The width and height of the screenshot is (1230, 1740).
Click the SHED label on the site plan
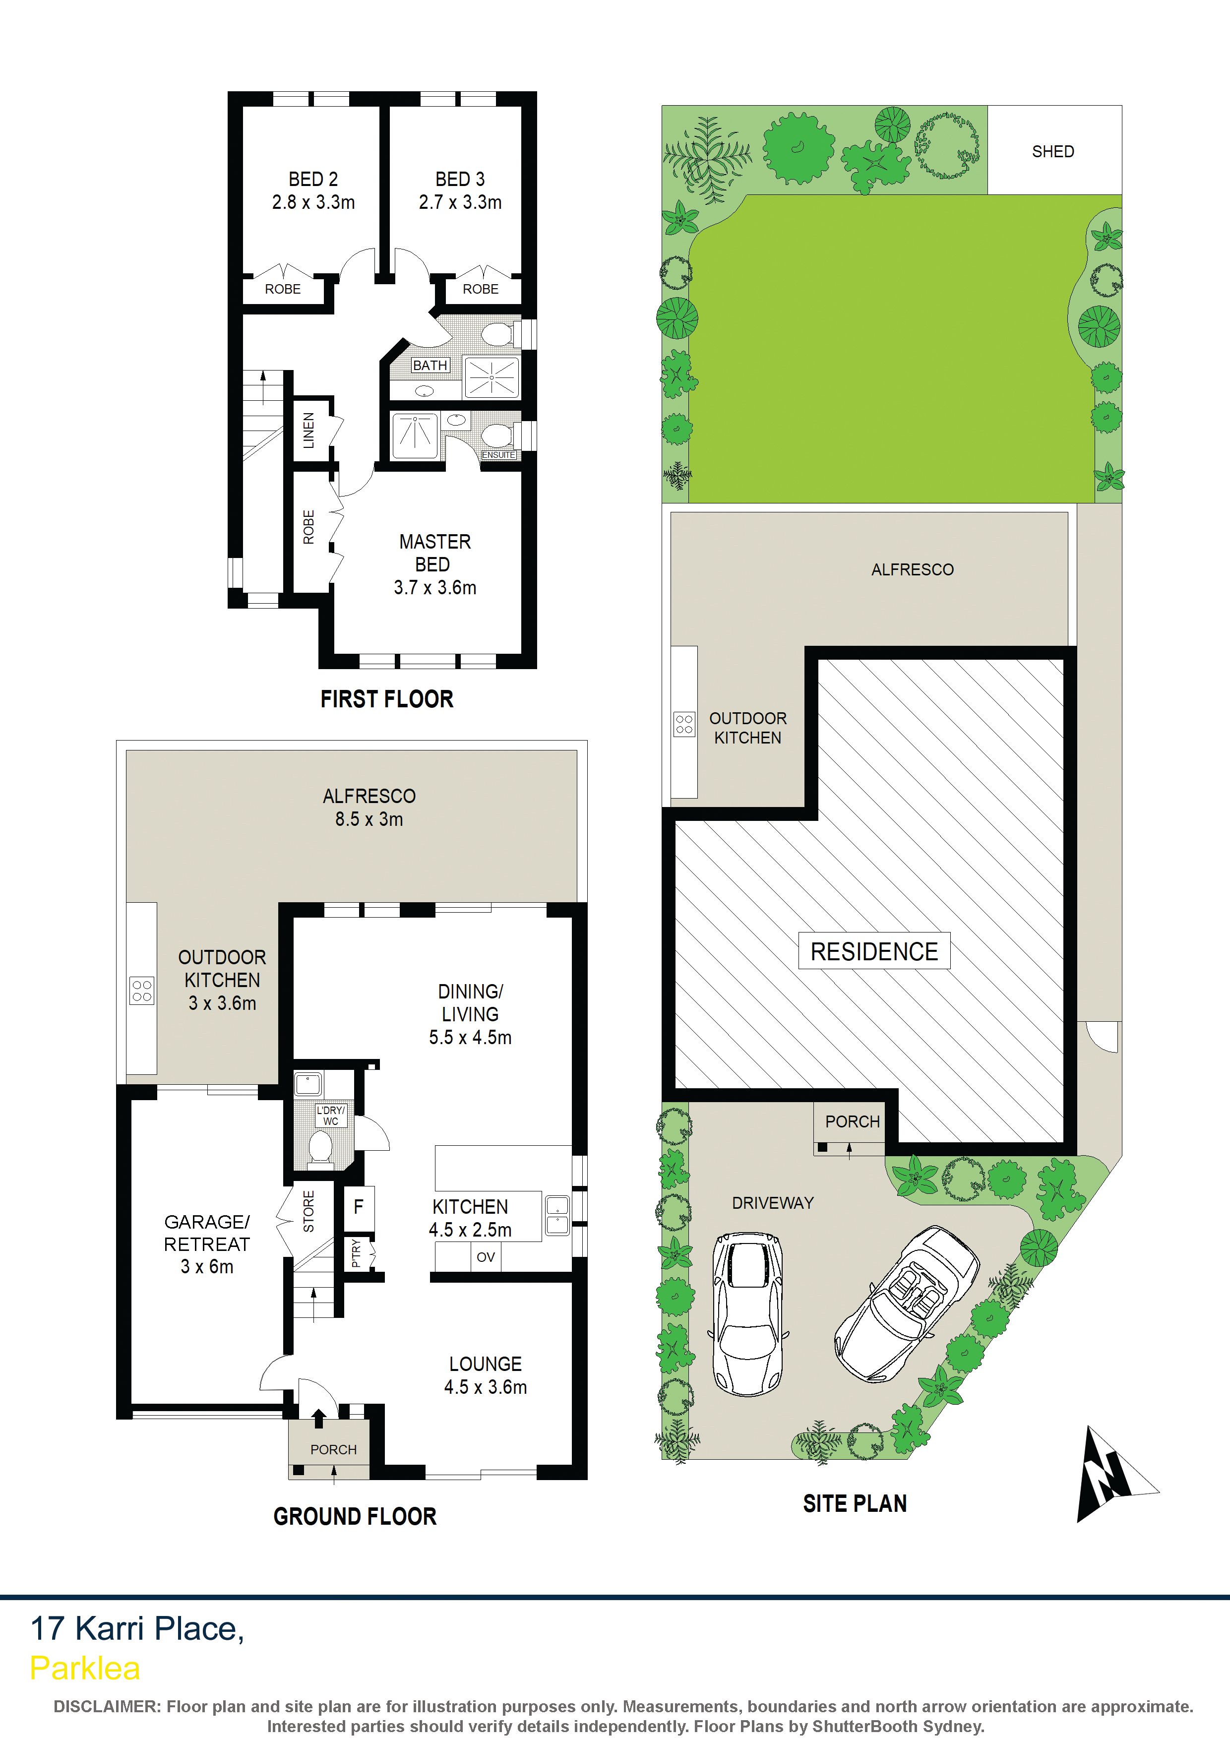click(1052, 152)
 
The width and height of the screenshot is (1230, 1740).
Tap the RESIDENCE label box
click(874, 951)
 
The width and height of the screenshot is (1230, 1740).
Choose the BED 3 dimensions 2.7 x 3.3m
click(460, 202)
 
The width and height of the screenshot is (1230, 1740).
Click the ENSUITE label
click(498, 455)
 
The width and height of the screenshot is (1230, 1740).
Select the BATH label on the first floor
click(430, 365)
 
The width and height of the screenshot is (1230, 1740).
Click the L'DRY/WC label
click(330, 1115)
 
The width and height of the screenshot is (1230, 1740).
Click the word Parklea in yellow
click(85, 1668)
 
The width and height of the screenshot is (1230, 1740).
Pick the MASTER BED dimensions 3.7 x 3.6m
click(435, 587)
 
